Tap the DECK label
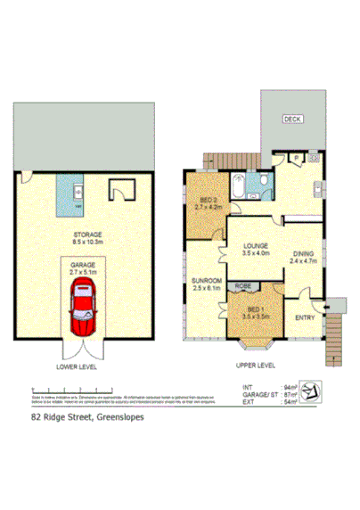click(x=292, y=119)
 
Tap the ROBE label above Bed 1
click(x=242, y=285)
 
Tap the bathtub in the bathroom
click(x=240, y=187)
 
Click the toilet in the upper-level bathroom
click(x=266, y=182)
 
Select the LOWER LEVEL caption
click(x=77, y=366)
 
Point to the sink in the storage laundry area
click(x=77, y=192)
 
